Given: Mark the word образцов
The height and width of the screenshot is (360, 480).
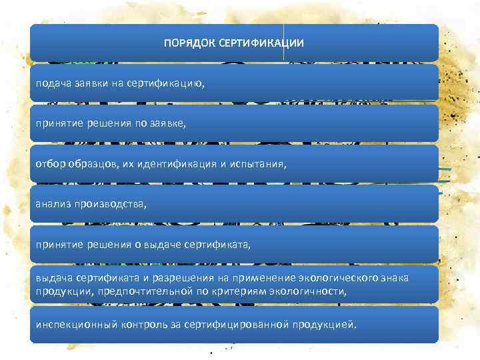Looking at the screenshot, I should click(89, 165).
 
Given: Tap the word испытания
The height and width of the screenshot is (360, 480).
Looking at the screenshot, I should click(257, 165).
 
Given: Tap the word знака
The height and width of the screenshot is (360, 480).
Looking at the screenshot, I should click(394, 278).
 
